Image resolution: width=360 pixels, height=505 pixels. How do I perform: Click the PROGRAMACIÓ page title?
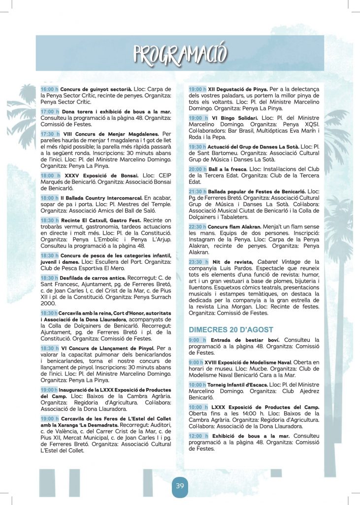point(180,54)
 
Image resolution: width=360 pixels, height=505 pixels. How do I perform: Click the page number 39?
point(180,486)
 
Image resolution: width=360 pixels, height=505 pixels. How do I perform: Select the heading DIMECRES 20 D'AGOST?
point(231,329)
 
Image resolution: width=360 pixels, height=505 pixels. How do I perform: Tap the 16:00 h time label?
point(49,89)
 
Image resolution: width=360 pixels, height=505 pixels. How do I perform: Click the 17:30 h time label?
point(49,134)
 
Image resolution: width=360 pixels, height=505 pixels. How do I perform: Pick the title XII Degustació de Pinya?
point(236,89)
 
